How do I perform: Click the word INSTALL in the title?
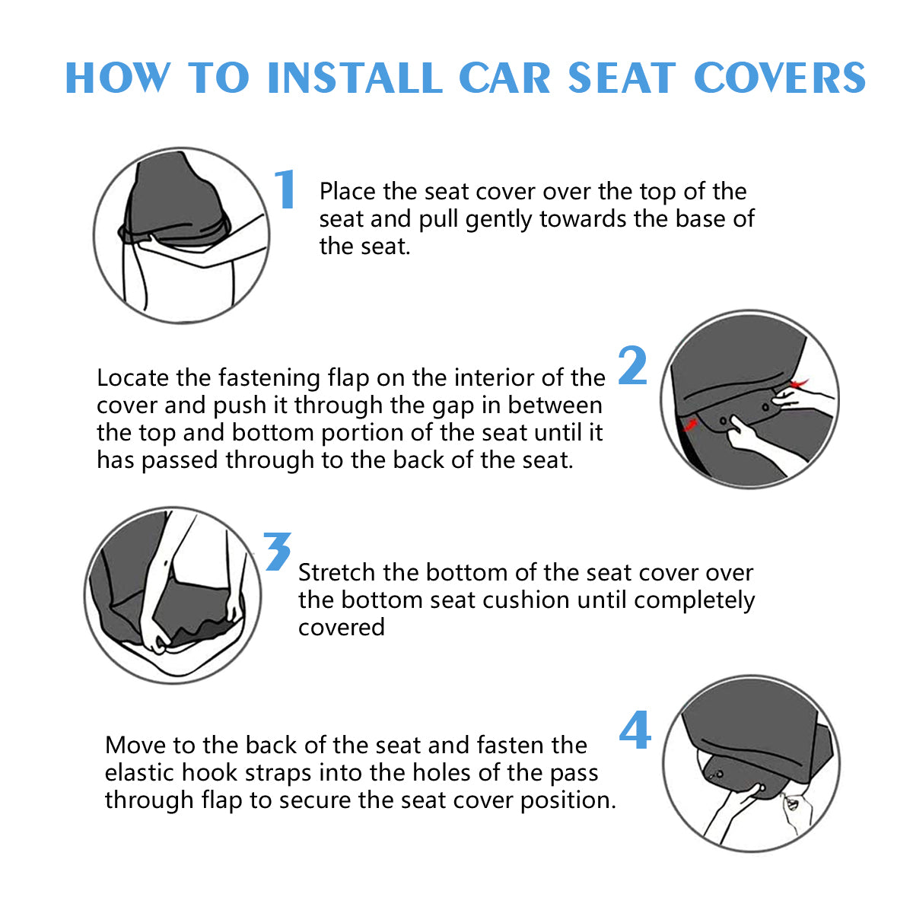point(355,78)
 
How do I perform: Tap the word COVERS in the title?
point(780,78)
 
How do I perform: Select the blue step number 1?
point(285,189)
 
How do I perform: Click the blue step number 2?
point(632,365)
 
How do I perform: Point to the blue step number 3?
point(277,551)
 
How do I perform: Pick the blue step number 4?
point(635,730)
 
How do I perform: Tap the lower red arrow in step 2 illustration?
point(690,423)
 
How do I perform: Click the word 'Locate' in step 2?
point(133,378)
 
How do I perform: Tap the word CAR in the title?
point(504,78)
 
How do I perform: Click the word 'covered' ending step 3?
point(342,628)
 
